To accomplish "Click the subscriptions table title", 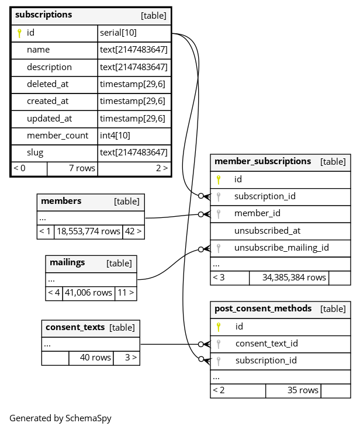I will tap(44, 15).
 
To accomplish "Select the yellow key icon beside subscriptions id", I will tap(19, 33).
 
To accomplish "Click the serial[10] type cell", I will tap(118, 33).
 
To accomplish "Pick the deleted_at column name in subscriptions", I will tap(47, 84).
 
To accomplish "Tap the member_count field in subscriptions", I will tap(57, 136).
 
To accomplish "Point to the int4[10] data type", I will tap(115, 136).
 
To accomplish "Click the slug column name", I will tap(35, 152).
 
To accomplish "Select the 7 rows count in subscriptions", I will tap(82, 168).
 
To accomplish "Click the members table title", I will tap(61, 202).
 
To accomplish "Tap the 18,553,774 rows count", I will tap(88, 231).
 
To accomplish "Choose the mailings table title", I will tap(67, 263).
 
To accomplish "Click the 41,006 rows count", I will tap(88, 293).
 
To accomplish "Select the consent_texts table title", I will tap(75, 327).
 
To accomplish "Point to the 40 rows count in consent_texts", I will tap(95, 358).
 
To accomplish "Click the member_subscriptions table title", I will tap(262, 161).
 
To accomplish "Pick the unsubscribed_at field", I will tap(267, 231).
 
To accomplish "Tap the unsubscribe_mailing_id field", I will tap(281, 248).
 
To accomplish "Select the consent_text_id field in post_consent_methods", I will tap(266, 344).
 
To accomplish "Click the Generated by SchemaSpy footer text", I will tap(60, 418).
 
